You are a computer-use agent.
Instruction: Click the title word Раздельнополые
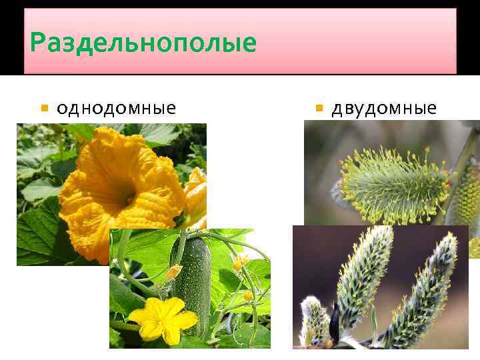[143, 43]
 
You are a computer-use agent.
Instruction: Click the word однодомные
[116, 107]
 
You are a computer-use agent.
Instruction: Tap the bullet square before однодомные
[44, 108]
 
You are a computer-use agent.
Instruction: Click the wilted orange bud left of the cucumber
[173, 272]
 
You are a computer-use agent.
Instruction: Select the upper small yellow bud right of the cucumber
[239, 263]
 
